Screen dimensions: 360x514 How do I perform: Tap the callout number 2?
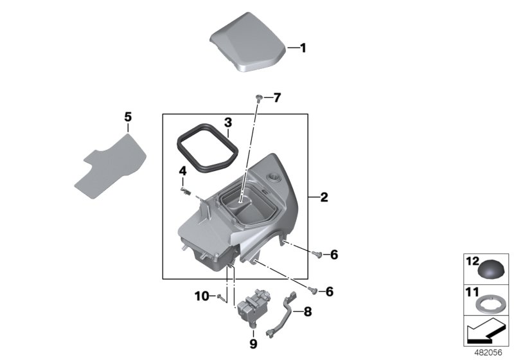[324, 197]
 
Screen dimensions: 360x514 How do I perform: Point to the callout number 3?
[227, 122]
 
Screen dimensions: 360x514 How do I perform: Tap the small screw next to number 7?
[258, 97]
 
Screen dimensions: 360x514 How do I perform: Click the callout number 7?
[277, 98]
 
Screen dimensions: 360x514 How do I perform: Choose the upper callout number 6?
[333, 255]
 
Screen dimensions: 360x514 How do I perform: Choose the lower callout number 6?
[330, 292]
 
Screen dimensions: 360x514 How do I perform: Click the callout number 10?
[201, 296]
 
